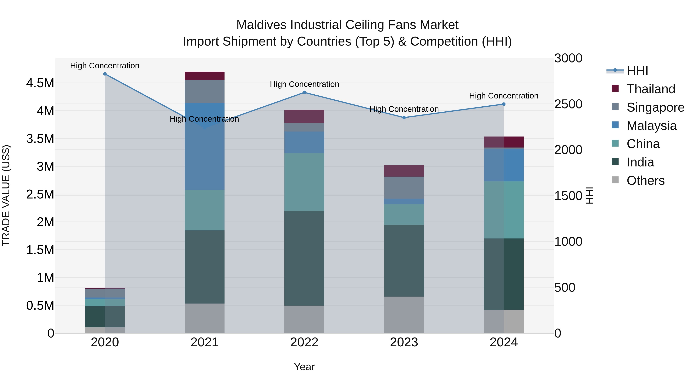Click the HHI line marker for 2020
tap(105, 74)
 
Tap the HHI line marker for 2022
tap(304, 92)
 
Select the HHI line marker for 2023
tap(404, 118)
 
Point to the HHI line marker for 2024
tap(504, 104)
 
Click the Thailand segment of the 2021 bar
tap(204, 76)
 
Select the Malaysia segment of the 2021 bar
tap(204, 146)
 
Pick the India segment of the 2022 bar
tap(304, 258)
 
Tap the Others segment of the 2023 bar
tap(404, 315)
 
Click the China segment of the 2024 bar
tap(504, 210)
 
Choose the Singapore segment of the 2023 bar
tap(404, 188)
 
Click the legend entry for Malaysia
tap(651, 126)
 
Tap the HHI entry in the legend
tap(637, 71)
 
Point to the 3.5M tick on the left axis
tap(40, 139)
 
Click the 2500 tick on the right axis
tap(568, 104)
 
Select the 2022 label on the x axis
tap(304, 342)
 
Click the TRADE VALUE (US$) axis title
tap(6, 195)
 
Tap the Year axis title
tap(304, 367)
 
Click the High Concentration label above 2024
tap(504, 96)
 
